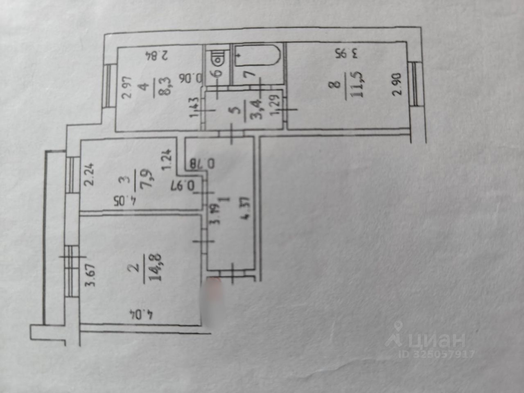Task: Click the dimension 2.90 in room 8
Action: tap(396, 84)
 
